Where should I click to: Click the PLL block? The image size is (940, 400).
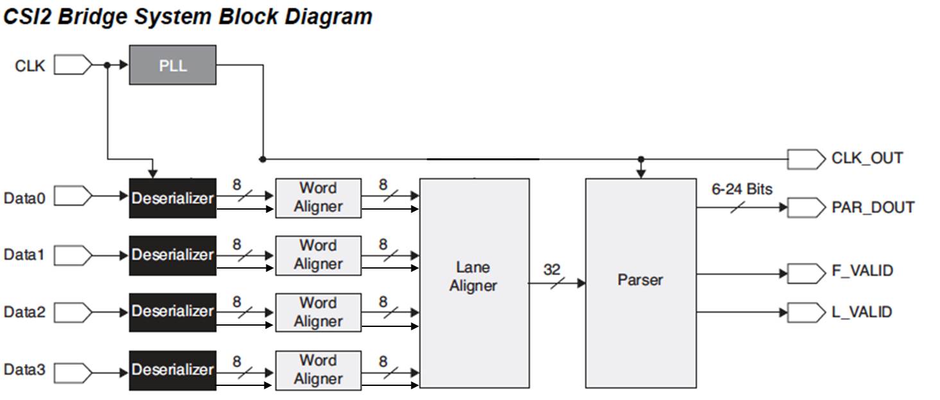(x=173, y=65)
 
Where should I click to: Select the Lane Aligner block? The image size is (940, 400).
(x=474, y=283)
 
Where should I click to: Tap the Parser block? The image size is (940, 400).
(x=640, y=283)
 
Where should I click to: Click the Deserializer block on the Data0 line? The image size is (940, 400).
(x=173, y=198)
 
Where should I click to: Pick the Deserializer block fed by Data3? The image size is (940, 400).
(x=173, y=370)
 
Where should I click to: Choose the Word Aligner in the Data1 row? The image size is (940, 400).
(x=318, y=255)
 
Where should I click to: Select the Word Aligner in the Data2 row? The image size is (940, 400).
(x=318, y=312)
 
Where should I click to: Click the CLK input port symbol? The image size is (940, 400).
(x=73, y=65)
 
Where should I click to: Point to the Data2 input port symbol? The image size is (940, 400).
(x=73, y=312)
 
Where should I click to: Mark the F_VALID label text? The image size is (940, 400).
(x=862, y=271)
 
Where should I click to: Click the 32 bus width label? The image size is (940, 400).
(x=552, y=270)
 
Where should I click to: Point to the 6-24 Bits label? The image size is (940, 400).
(x=742, y=189)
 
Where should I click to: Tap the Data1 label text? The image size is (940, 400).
(x=24, y=254)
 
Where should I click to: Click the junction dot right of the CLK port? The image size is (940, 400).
(x=107, y=65)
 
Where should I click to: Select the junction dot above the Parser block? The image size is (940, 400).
(x=640, y=159)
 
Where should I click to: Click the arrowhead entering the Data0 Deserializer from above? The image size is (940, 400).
(x=152, y=173)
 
